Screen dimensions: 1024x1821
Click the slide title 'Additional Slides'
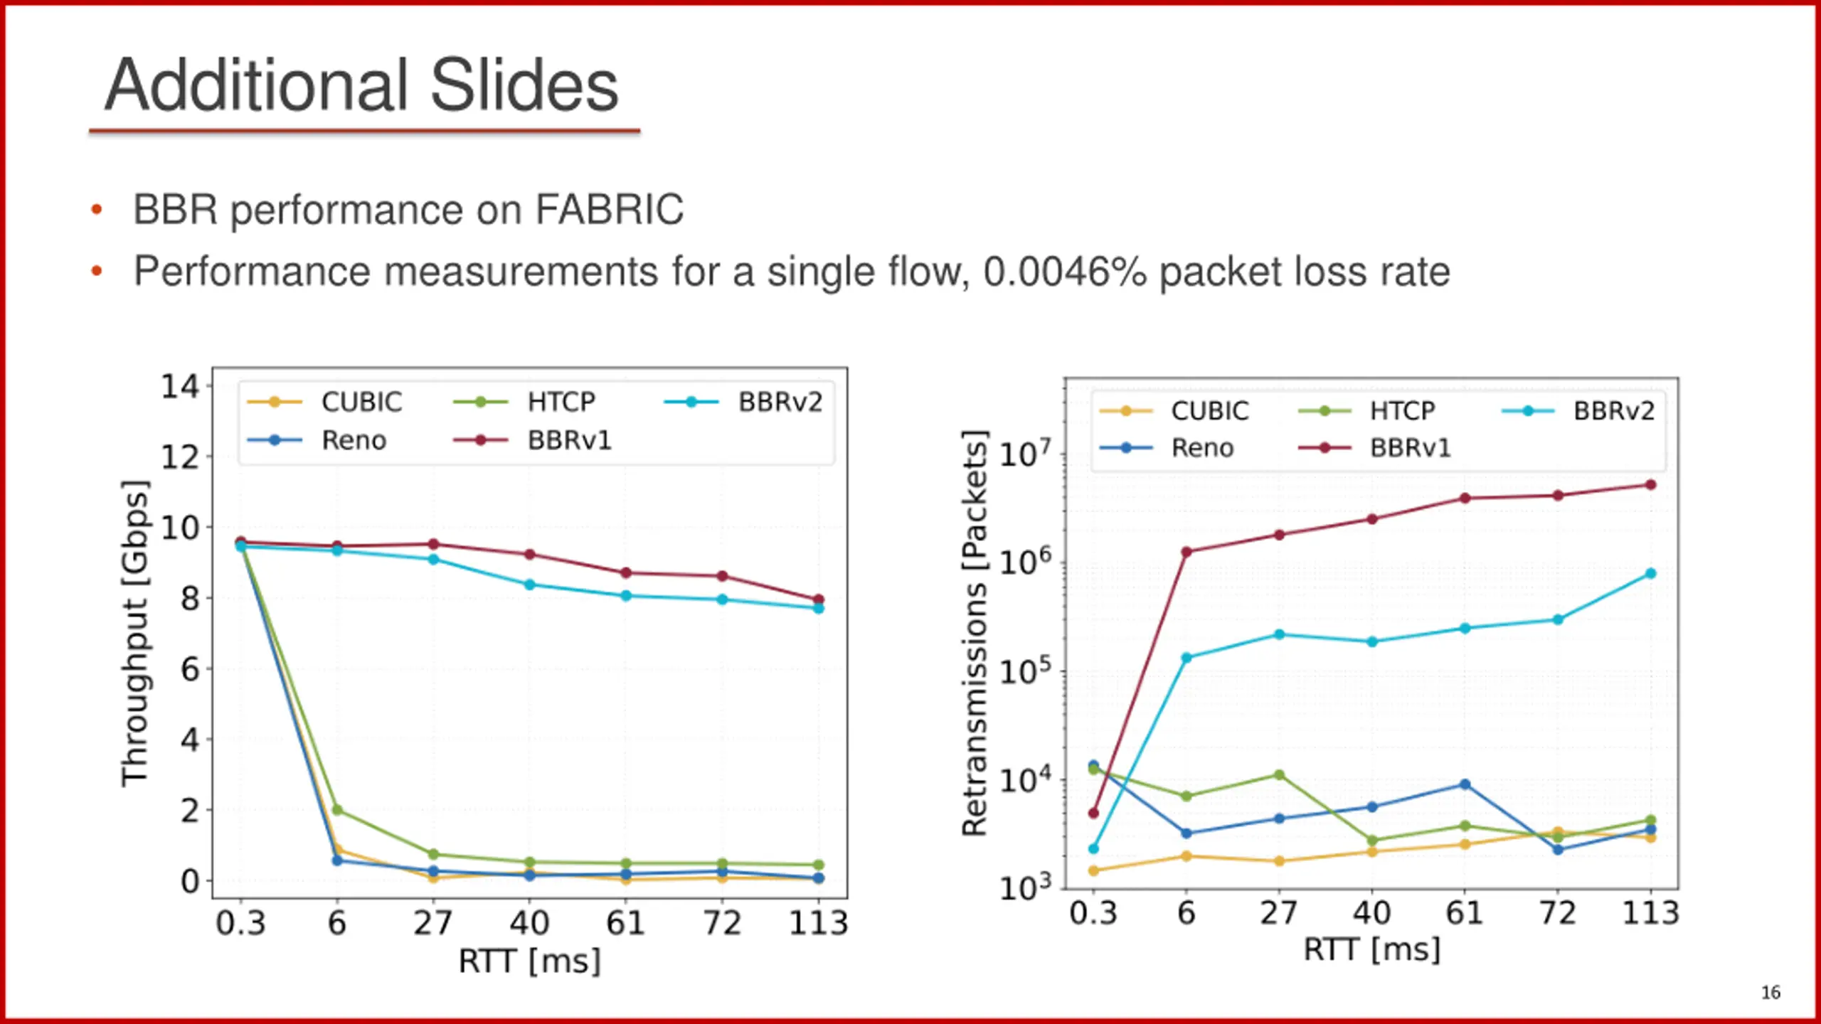pyautogui.click(x=361, y=85)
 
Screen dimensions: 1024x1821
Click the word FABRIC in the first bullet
pyautogui.click(x=609, y=210)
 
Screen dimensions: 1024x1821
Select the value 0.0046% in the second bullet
pyautogui.click(x=1064, y=272)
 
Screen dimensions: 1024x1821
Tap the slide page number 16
pyautogui.click(x=1770, y=992)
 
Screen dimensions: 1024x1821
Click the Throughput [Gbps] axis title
pyautogui.click(x=135, y=633)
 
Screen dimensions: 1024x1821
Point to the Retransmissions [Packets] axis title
pyautogui.click(x=975, y=633)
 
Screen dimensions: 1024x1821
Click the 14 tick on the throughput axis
pyautogui.click(x=179, y=387)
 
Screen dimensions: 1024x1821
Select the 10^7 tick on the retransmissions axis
pyautogui.click(x=1024, y=454)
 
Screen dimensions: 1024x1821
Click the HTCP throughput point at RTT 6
pyautogui.click(x=337, y=810)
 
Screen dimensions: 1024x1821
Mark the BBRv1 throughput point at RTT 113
pyautogui.click(x=818, y=599)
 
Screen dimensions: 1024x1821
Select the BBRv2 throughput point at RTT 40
pyautogui.click(x=529, y=585)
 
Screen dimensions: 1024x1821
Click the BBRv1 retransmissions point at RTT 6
pyautogui.click(x=1186, y=552)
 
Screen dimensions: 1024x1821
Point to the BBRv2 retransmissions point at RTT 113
pyautogui.click(x=1650, y=573)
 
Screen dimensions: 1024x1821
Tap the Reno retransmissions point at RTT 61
pyautogui.click(x=1465, y=784)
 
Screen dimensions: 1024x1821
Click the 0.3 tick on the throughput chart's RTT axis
pyautogui.click(x=240, y=923)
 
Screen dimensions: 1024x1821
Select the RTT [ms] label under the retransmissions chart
pyautogui.click(x=1371, y=950)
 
